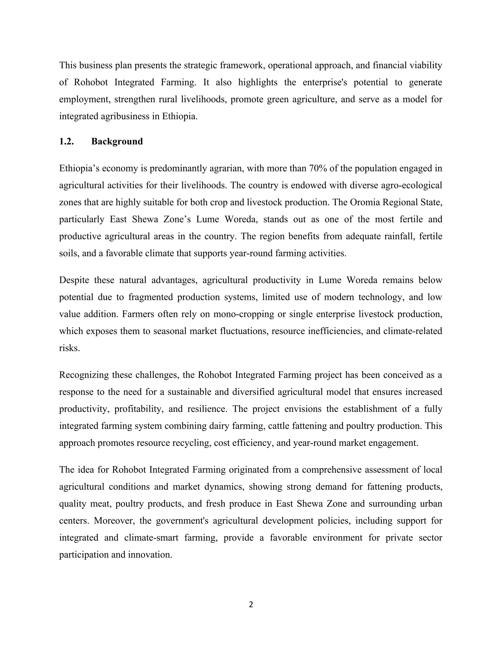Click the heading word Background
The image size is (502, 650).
tap(117, 141)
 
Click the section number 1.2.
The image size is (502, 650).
tap(66, 141)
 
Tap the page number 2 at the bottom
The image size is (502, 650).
tap(251, 604)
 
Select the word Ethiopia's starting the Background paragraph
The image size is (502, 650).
tap(79, 169)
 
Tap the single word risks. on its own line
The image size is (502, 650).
tap(69, 348)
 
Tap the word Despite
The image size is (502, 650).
tap(74, 280)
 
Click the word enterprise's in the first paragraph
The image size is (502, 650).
tap(325, 82)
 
